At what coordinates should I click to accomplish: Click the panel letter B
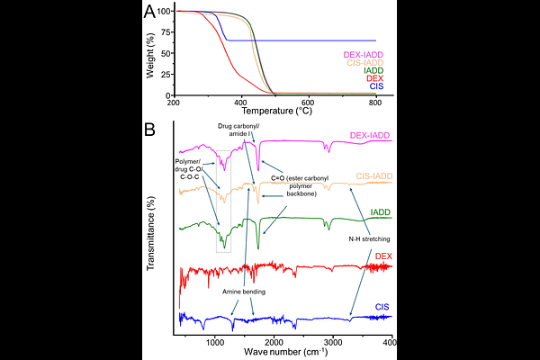coord(150,129)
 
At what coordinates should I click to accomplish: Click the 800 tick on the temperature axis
coord(375,102)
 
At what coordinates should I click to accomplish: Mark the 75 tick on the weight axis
coord(163,31)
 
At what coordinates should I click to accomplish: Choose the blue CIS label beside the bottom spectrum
coord(382,308)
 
